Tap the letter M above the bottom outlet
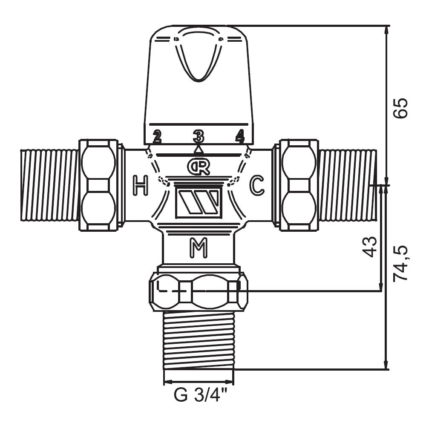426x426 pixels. [199, 248]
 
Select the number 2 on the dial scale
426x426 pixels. [157, 136]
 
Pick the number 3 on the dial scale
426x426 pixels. [199, 136]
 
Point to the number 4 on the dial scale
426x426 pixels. [240, 136]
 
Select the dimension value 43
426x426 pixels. [370, 247]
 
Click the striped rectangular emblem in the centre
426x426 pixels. [199, 203]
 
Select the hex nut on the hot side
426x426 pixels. [99, 185]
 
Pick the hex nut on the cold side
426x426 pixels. [298, 185]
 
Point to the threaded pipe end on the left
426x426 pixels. [49, 185]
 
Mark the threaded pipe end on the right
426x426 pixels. [348, 185]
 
